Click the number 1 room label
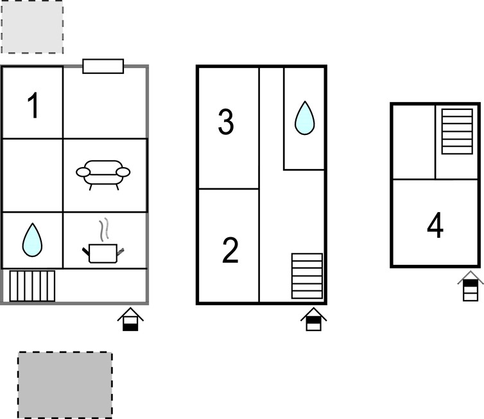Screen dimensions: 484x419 [x=33, y=105]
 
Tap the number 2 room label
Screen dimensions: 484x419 [x=230, y=250]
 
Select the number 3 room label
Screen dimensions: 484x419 [x=226, y=121]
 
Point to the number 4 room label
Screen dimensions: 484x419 [x=435, y=225]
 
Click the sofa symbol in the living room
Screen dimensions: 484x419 [x=103, y=175]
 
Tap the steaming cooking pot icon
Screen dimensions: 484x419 [x=103, y=241]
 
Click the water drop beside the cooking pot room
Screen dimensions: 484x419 [x=32, y=240]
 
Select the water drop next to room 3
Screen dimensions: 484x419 [x=305, y=118]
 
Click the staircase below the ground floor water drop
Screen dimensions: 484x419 [x=32, y=286]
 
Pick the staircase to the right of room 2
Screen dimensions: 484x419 [x=307, y=276]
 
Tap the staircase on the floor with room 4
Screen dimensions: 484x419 [x=457, y=131]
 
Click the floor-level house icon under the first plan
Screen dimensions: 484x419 [x=130, y=319]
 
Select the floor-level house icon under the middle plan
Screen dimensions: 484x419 [x=314, y=319]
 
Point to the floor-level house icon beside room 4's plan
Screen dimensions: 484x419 [x=471, y=286]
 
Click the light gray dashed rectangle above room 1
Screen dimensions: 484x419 [x=32, y=26]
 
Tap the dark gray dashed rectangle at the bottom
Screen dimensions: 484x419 [x=65, y=385]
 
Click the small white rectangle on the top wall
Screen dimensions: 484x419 [x=103, y=66]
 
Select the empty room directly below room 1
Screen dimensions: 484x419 [x=32, y=175]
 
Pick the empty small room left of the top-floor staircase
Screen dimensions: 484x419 [x=413, y=142]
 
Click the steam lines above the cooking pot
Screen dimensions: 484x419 [x=105, y=229]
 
